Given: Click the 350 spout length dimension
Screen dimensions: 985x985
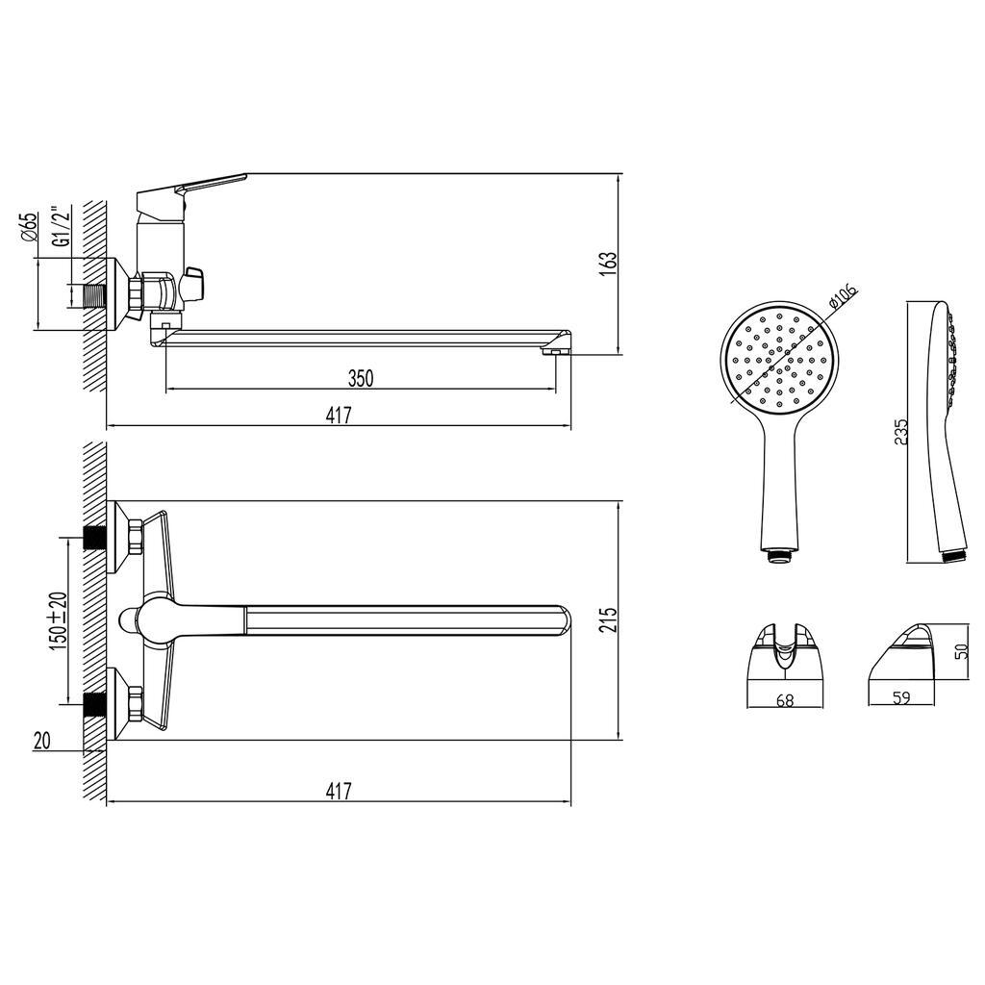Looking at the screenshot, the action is coord(361,379).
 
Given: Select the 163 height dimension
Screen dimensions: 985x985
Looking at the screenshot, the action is coord(608,264).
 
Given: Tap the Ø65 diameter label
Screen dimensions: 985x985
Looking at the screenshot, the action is coord(29,227).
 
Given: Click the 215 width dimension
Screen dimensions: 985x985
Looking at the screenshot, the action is coord(608,620).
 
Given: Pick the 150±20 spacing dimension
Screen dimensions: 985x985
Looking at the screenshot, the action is coord(59,620).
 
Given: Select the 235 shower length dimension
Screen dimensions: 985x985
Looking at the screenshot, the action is coord(900,432).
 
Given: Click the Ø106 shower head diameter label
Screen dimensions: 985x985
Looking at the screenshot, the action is coord(843,296).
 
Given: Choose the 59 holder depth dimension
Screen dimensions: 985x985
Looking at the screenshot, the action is coord(900,697).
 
